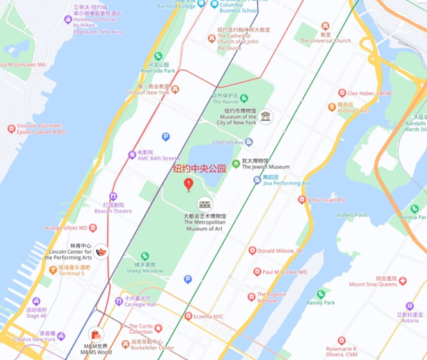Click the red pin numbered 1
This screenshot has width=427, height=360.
click(x=189, y=185)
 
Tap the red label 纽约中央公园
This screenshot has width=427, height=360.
click(x=200, y=169)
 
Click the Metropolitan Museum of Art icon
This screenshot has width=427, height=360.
click(x=205, y=204)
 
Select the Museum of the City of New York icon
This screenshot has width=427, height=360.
click(x=265, y=116)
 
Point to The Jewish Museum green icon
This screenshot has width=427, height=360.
click(x=236, y=164)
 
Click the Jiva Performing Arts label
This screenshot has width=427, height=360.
click(x=287, y=184)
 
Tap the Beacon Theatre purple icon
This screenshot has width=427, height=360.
click(x=113, y=197)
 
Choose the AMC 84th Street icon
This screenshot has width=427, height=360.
click(x=132, y=153)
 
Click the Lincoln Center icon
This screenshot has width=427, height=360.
click(x=101, y=252)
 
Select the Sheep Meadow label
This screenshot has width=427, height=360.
click(x=144, y=270)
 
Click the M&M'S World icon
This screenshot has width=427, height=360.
click(x=96, y=334)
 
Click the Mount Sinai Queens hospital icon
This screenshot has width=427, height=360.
click(x=403, y=279)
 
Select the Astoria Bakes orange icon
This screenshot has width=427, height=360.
click(x=332, y=107)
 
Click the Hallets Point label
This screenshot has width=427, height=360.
click(x=352, y=215)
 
